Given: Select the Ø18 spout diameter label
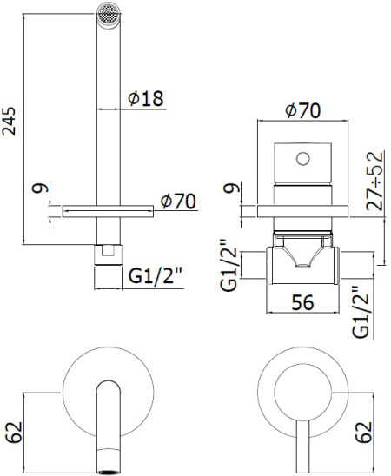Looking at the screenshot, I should point(146,99).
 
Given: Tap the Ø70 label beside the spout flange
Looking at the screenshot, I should point(180,202).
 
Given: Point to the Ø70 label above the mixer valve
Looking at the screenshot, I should point(303,110).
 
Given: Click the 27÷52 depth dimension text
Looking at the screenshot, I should point(375,179).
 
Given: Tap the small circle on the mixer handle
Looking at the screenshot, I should point(302,158).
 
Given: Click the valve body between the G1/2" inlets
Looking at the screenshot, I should point(301,261).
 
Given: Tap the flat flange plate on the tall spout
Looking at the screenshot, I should point(108,209).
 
